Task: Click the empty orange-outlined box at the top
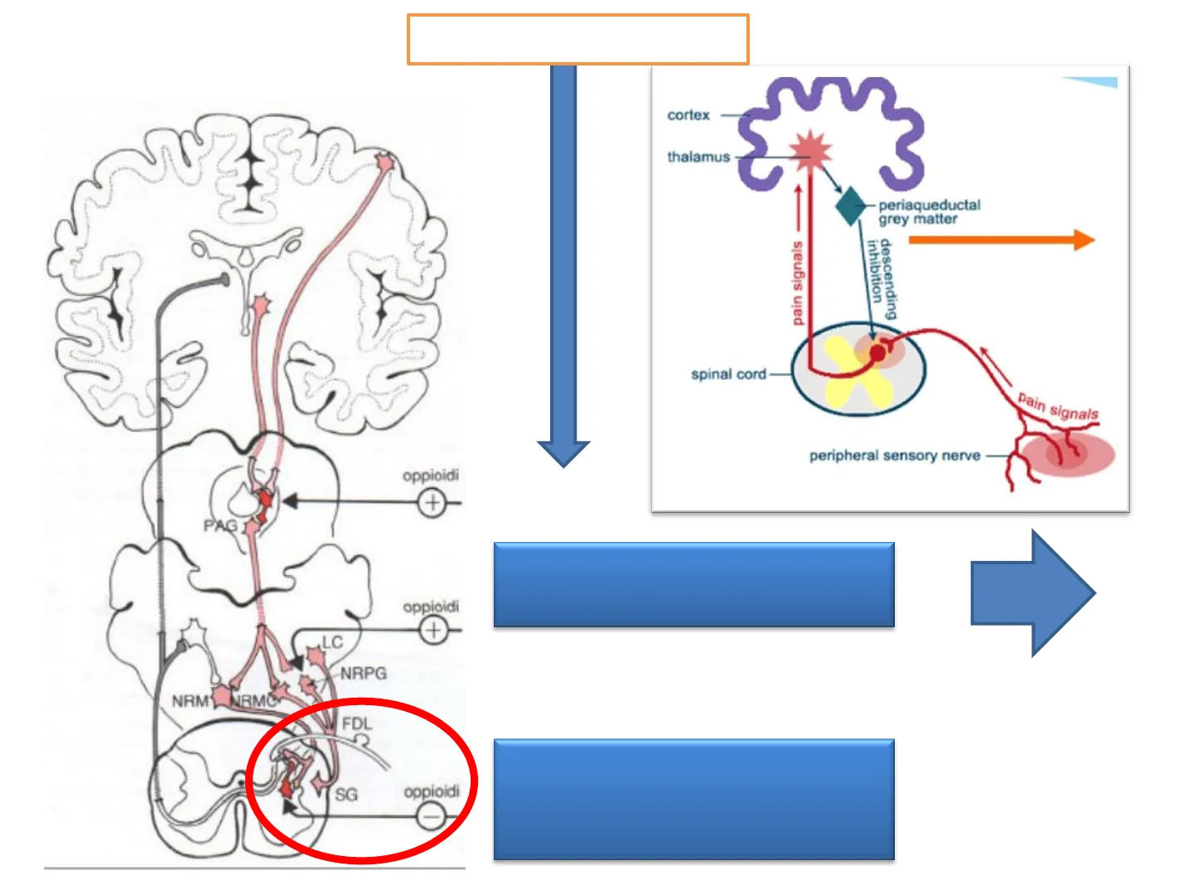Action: (577, 39)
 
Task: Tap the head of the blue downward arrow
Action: (563, 452)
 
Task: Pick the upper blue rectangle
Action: (693, 584)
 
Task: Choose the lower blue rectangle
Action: (693, 799)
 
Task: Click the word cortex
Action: (688, 115)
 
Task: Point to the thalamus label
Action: (698, 157)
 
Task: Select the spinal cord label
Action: (728, 375)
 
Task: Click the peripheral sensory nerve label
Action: (894, 456)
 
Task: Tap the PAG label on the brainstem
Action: (220, 525)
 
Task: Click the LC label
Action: (332, 642)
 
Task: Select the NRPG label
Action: (364, 674)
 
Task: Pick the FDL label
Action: (357, 723)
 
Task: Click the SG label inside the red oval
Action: (346, 795)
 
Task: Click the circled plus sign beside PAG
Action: (432, 502)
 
